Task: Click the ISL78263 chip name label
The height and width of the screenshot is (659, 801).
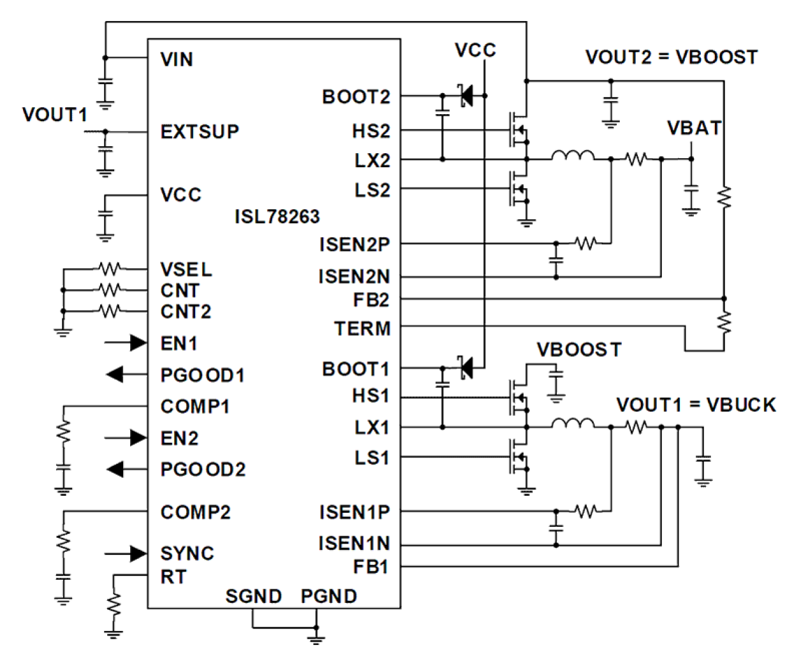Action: pos(277,217)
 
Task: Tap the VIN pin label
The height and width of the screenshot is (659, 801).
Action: pos(177,59)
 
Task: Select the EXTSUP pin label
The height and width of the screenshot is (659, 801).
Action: pos(200,131)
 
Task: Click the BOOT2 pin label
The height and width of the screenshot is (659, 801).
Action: pos(355,97)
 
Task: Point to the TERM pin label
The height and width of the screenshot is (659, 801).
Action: pos(362,329)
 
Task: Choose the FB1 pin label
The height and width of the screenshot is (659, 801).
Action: pos(371,566)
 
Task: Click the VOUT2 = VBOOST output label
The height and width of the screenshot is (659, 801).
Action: pos(671,57)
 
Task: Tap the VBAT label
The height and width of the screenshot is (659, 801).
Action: pos(694,128)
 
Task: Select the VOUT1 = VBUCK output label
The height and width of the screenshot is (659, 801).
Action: pos(696,405)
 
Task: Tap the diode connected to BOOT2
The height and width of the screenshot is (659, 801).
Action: pos(466,96)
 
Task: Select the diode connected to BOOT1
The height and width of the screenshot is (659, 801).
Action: pos(466,368)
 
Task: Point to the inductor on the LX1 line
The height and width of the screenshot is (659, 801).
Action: pos(572,424)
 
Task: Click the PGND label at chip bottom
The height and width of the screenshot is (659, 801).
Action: pos(328,596)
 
